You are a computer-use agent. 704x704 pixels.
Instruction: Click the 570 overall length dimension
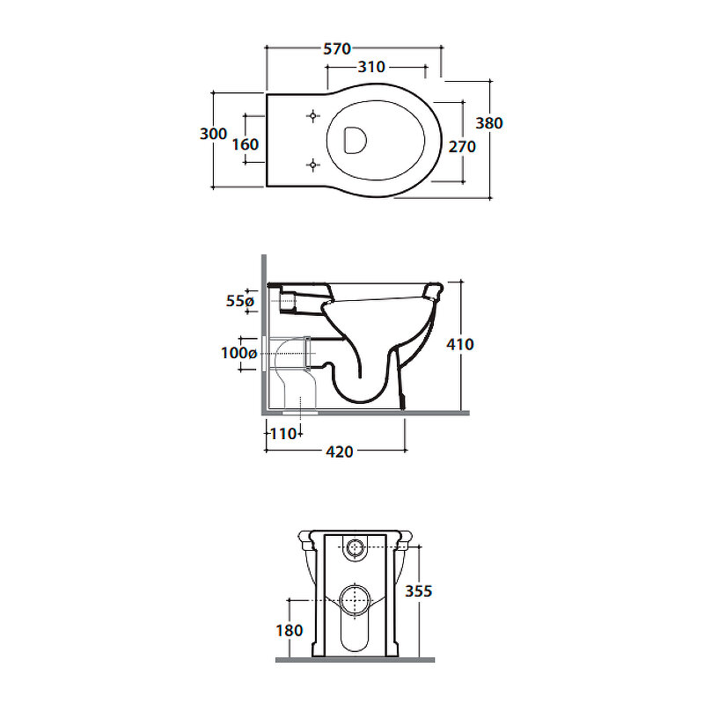[x=337, y=48]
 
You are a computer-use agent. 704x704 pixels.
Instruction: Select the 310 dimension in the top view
[x=371, y=67]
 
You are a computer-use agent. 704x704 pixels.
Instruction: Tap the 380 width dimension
[x=489, y=123]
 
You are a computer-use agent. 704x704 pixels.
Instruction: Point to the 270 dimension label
[x=462, y=146]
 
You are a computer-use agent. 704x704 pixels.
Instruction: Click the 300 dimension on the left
[x=213, y=134]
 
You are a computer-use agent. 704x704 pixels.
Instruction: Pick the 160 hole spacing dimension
[x=246, y=144]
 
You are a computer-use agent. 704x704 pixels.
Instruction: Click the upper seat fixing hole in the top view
[x=313, y=116]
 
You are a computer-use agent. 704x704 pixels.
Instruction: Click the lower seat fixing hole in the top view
[x=313, y=165]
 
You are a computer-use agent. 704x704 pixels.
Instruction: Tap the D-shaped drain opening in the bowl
[x=355, y=140]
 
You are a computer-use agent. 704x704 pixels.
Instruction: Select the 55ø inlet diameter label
[x=240, y=301]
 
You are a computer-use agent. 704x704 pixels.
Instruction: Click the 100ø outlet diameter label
[x=238, y=353]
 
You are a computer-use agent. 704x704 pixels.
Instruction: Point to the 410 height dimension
[x=460, y=344]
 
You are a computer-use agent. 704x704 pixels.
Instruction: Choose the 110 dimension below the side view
[x=282, y=434]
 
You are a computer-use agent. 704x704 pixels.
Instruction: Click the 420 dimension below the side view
[x=340, y=451]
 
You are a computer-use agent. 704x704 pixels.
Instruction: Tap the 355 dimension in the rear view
[x=419, y=590]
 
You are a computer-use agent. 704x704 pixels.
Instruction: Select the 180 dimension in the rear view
[x=290, y=630]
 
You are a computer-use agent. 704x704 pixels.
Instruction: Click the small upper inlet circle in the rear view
[x=356, y=546]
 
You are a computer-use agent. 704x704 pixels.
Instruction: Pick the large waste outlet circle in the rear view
[x=356, y=600]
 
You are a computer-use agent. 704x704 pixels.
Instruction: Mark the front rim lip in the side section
[x=433, y=290]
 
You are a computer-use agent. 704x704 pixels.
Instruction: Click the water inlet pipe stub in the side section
[x=288, y=300]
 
